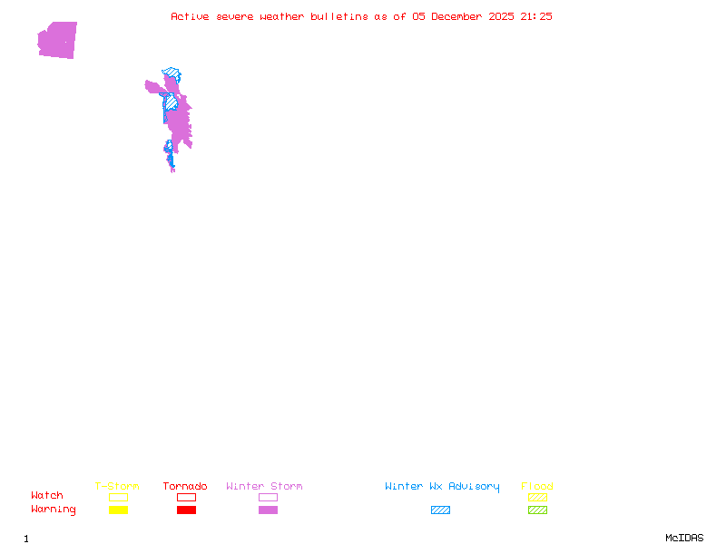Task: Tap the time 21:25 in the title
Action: coord(539,16)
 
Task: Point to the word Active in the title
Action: coord(191,16)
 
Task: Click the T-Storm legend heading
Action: coord(117,487)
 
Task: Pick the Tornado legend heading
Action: coord(185,487)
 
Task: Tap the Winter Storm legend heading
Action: coord(264,487)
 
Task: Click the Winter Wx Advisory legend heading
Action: coord(442,487)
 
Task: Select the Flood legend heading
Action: coord(537,487)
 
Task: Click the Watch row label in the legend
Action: coord(47,496)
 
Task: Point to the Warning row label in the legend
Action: coord(54,510)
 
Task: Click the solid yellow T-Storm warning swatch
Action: coord(118,510)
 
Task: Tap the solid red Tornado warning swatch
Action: coord(186,510)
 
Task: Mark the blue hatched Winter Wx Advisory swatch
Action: coord(440,510)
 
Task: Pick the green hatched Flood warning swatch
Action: coord(537,510)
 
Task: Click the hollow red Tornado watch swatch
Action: coord(186,497)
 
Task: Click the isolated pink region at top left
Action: coord(57,40)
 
